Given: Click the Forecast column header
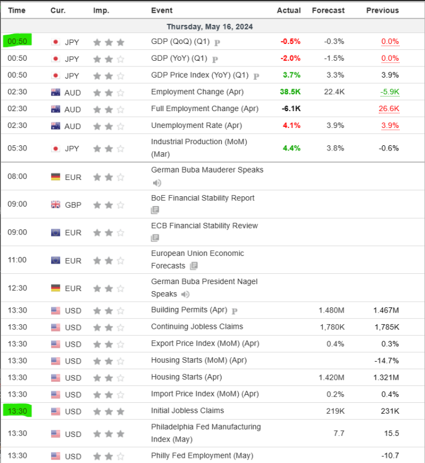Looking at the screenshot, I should point(328,10).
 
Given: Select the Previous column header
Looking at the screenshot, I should point(382,10).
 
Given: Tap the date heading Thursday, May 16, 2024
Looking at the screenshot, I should point(210,27).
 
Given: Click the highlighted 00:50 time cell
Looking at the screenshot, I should point(17,42).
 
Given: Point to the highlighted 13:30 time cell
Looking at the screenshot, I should point(17,411).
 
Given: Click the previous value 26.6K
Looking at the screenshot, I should point(388,109).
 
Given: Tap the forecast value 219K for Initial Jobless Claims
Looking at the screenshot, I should point(335,411).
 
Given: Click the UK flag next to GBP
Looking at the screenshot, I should point(56,204).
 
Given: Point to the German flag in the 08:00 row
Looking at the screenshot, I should point(56,177).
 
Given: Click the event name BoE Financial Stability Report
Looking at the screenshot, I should point(202,198).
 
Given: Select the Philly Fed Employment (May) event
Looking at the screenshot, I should point(202,455).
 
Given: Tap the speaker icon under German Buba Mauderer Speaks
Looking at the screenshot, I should point(157,183).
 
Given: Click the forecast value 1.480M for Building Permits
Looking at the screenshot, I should point(331,310).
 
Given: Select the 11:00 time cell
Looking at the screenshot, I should point(17,260).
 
